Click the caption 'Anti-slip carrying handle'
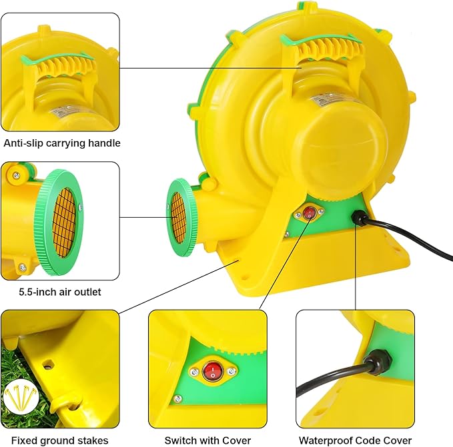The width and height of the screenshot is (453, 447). point(62,143)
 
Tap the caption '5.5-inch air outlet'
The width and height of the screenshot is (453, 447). point(60,292)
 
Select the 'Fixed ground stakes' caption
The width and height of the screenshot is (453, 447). point(60,440)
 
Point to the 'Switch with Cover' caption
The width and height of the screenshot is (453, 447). point(207,440)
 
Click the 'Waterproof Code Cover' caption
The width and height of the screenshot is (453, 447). point(355,440)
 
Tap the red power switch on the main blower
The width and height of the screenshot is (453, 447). point(310,213)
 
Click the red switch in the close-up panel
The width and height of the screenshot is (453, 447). point(213,371)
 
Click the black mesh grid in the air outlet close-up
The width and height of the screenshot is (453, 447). point(64,223)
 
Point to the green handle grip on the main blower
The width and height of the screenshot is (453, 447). point(321,39)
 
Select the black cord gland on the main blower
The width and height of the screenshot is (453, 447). point(358,218)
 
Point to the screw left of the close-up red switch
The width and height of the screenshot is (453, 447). point(194,372)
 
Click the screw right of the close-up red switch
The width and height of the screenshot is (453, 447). point(231,371)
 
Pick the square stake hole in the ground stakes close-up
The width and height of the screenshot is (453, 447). point(48,364)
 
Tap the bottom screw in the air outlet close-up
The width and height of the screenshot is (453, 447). point(22,267)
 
